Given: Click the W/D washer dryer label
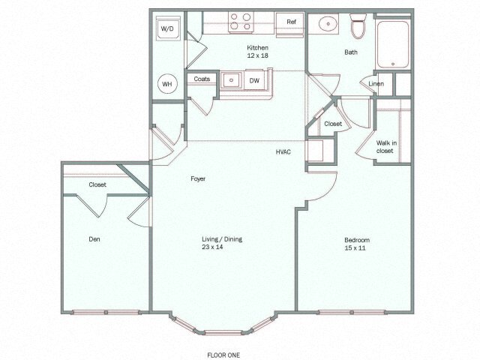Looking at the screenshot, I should coord(167,28).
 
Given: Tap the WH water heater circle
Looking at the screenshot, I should coord(167,85).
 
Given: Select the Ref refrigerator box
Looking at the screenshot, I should coord(291,22).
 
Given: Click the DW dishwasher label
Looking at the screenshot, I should coord(254,79).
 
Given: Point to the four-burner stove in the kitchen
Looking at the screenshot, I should coord(240,22).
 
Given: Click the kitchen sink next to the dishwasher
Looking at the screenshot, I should coord(232,79).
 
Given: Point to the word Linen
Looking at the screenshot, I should coord(376,83).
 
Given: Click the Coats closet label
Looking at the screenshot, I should coord(202,79).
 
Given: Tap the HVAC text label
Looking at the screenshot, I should coord(283,152).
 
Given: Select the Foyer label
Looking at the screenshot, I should coord(198,178).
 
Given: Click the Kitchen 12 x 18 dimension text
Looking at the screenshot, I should coord(258,52).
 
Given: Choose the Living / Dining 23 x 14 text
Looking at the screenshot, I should coord(221,243).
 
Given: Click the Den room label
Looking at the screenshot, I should coord(94,239).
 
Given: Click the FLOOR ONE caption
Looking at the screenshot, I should coord(223,354).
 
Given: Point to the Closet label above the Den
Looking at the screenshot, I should coord(97,184).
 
